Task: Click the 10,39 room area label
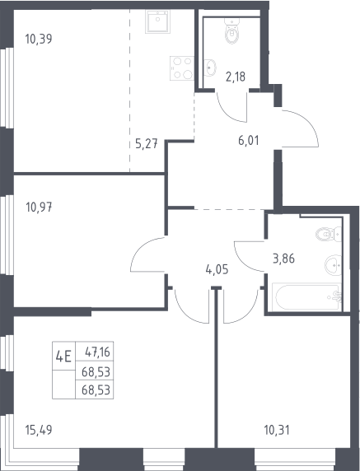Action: pyautogui.click(x=39, y=39)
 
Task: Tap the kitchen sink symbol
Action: pyautogui.click(x=158, y=21)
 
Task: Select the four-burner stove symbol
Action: pyautogui.click(x=182, y=68)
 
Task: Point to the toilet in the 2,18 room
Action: pyautogui.click(x=232, y=30)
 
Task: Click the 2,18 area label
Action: pyautogui.click(x=236, y=77)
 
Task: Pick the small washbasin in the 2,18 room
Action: pyautogui.click(x=210, y=68)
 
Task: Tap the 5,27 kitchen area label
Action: pyautogui.click(x=147, y=144)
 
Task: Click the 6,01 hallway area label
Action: pyautogui.click(x=249, y=141)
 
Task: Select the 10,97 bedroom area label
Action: pyautogui.click(x=39, y=208)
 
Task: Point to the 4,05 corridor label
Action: pyautogui.click(x=217, y=269)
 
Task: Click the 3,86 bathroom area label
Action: pyautogui.click(x=283, y=259)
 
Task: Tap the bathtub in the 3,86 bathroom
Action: pyautogui.click(x=306, y=296)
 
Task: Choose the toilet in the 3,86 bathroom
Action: pyautogui.click(x=329, y=234)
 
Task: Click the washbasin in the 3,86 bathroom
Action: pyautogui.click(x=334, y=265)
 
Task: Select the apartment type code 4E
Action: pyautogui.click(x=63, y=357)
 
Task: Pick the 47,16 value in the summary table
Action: pyautogui.click(x=97, y=352)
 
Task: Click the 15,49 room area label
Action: pyautogui.click(x=39, y=430)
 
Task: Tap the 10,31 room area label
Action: pyautogui.click(x=277, y=430)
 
